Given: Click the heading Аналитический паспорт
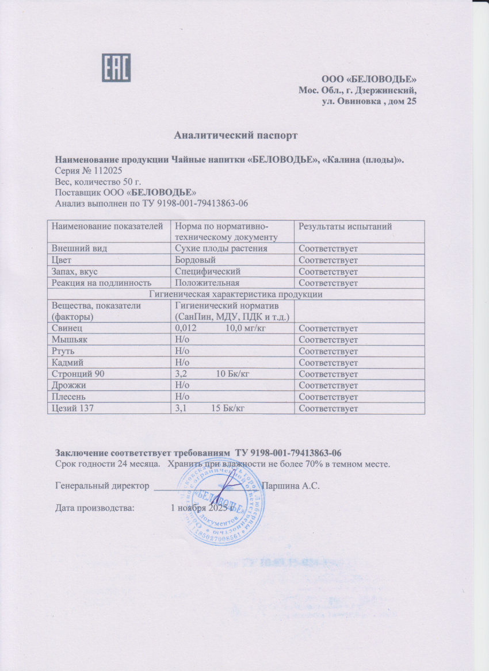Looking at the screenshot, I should [x=236, y=136].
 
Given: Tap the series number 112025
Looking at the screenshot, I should [x=107, y=171].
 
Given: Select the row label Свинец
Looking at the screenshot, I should [x=67, y=328].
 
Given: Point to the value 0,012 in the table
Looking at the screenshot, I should [x=185, y=328].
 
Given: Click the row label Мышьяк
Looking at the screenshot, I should [x=70, y=340].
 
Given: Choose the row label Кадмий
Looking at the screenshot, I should [x=68, y=363].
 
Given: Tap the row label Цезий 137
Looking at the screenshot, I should [x=72, y=409].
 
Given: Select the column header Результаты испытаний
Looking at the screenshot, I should [x=345, y=227].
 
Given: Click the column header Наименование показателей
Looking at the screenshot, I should [x=109, y=227].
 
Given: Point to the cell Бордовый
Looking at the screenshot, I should [x=193, y=260].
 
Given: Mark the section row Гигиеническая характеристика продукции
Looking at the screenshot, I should [x=235, y=294].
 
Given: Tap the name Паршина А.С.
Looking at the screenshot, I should [x=291, y=486].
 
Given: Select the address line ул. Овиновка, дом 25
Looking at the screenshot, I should [x=368, y=102].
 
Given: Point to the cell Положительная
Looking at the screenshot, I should [x=207, y=283].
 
